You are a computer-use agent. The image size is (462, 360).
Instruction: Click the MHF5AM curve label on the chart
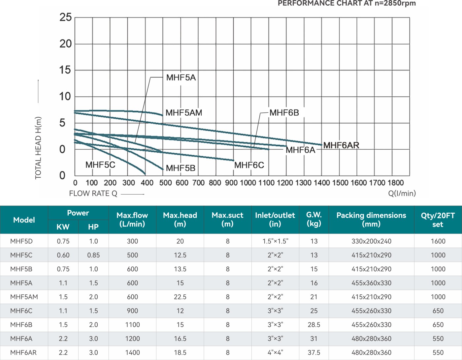(183, 113)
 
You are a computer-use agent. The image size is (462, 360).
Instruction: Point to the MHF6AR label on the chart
(341, 145)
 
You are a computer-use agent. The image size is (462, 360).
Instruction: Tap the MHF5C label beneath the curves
(100, 165)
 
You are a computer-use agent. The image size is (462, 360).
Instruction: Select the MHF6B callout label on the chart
(284, 113)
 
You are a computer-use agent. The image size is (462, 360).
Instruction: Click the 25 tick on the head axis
(65, 17)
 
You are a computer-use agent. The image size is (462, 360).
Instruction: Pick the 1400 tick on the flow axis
(321, 183)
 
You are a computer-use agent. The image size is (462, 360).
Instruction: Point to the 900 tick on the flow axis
(231, 183)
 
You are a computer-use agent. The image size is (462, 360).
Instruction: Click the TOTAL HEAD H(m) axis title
(38, 148)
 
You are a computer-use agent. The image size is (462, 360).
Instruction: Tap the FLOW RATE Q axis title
(93, 194)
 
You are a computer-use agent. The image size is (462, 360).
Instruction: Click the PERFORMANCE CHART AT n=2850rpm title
(346, 3)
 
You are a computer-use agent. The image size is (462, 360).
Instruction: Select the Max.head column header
(180, 220)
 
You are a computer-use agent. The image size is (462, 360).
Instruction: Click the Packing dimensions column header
(371, 220)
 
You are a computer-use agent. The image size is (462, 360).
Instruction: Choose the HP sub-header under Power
(93, 227)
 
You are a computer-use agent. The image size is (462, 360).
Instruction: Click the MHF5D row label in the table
(21, 241)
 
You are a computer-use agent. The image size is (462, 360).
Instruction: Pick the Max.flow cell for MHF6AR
(132, 352)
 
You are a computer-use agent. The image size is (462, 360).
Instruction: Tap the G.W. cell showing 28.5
(314, 325)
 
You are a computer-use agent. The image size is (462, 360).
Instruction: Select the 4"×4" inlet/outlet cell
(275, 352)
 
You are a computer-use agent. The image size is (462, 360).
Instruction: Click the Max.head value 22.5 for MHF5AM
(180, 297)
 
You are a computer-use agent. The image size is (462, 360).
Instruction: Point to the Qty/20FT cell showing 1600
(438, 241)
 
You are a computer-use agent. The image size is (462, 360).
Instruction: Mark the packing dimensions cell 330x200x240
(371, 241)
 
